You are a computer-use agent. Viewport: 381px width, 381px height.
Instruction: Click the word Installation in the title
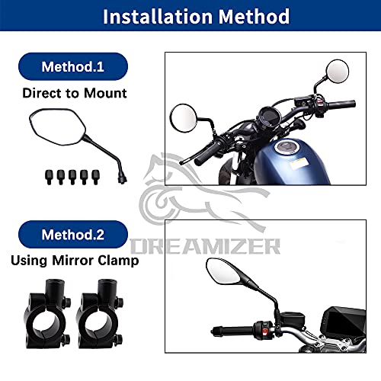click(158, 16)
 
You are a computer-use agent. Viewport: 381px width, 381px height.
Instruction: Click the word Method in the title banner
click(254, 16)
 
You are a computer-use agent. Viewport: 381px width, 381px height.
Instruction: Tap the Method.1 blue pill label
click(73, 66)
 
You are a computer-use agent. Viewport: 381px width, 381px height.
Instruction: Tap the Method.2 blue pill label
click(73, 234)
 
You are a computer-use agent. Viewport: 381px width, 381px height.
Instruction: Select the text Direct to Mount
click(75, 93)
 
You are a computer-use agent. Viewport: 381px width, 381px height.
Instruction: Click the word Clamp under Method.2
click(118, 261)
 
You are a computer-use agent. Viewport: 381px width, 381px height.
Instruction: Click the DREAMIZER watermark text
click(205, 246)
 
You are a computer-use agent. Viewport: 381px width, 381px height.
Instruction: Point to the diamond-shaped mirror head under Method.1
click(58, 126)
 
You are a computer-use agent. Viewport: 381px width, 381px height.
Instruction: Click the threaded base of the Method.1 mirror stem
click(122, 178)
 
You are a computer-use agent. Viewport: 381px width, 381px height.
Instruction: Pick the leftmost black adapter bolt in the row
click(49, 177)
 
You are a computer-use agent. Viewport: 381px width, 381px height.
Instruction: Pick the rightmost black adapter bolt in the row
click(96, 177)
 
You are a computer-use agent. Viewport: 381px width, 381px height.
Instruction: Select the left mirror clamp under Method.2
click(47, 314)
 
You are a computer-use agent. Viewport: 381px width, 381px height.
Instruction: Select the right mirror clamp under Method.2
click(100, 314)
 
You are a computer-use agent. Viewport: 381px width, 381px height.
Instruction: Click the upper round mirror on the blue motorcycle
click(338, 72)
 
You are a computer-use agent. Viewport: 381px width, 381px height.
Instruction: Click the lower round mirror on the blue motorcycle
click(183, 118)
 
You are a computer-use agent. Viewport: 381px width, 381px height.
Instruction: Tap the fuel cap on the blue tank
click(287, 147)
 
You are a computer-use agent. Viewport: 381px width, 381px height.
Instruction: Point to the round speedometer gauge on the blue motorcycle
click(270, 117)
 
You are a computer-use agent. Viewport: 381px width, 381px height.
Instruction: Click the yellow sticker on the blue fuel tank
click(299, 164)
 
